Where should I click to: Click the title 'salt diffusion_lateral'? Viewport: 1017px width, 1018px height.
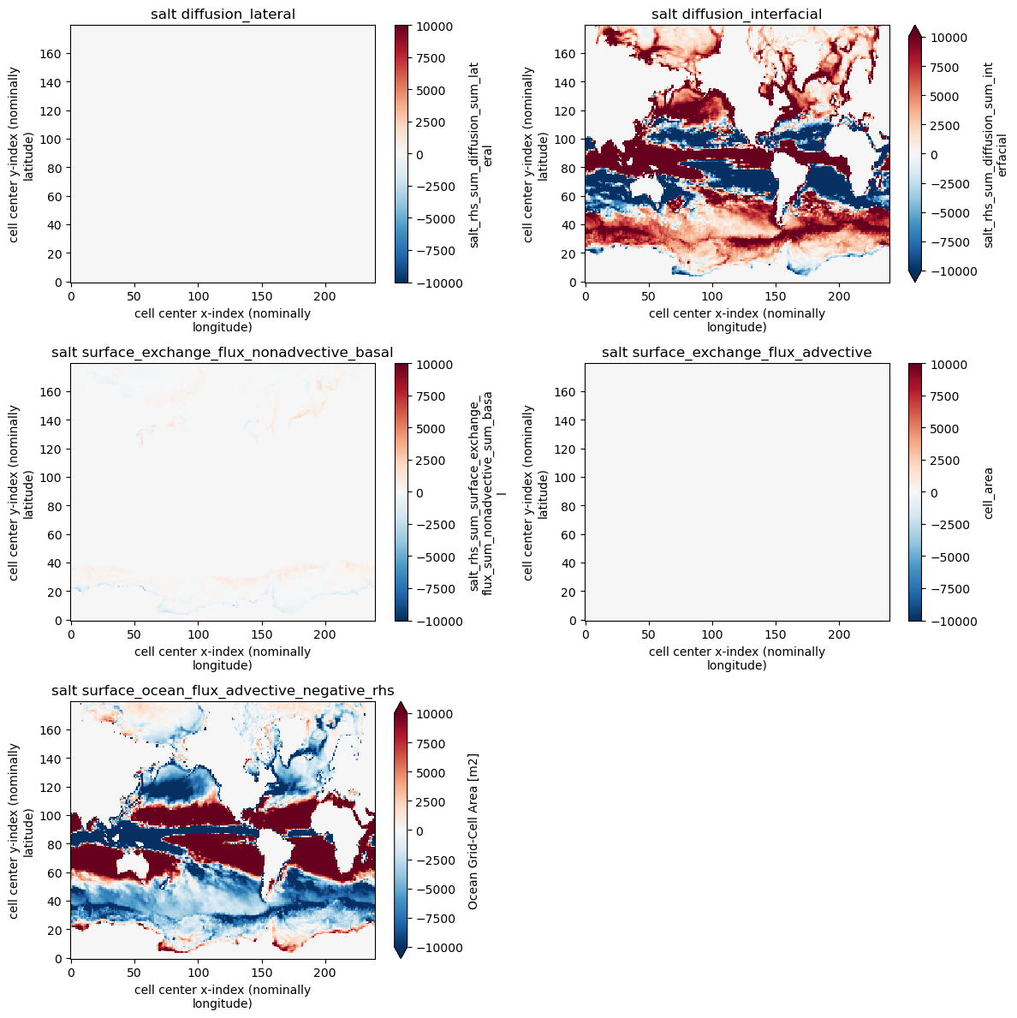(x=223, y=13)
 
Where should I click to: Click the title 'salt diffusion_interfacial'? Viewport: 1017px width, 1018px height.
(x=736, y=13)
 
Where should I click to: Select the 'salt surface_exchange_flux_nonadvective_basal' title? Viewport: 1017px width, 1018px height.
(x=223, y=352)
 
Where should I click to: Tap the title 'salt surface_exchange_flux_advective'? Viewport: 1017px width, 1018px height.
(x=736, y=352)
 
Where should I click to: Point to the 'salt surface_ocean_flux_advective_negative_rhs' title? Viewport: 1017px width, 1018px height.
(x=223, y=690)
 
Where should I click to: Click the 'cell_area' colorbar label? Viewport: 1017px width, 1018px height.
(x=990, y=492)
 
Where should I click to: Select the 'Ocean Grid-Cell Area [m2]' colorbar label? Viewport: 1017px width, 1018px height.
(x=474, y=830)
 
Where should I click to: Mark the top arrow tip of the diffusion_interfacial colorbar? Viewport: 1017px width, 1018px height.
(x=914, y=27)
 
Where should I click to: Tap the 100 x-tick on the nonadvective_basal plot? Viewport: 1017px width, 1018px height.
(x=198, y=634)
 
